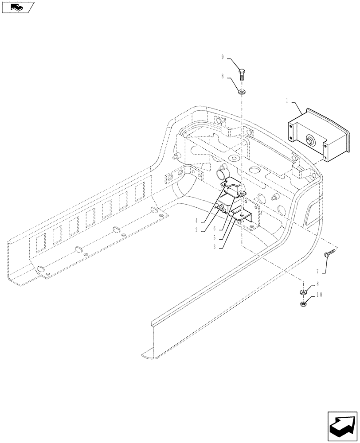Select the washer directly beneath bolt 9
pyautogui.click(x=242, y=92)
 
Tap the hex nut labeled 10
pyautogui.click(x=303, y=303)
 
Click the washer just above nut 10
pyautogui.click(x=303, y=292)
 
